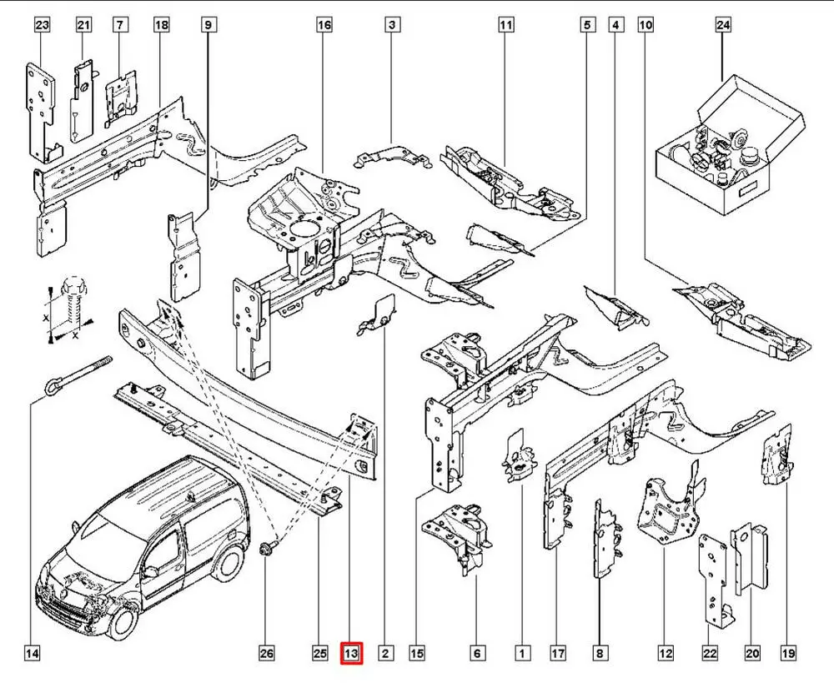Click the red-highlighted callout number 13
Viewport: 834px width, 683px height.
[x=352, y=654]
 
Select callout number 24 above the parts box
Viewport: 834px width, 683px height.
[x=723, y=26]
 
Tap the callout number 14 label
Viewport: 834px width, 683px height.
[x=32, y=654]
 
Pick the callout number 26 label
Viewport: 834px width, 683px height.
[x=265, y=654]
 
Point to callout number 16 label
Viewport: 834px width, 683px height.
[x=324, y=26]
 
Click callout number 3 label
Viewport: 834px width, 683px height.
[x=390, y=26]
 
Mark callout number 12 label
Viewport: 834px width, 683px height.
[x=666, y=654]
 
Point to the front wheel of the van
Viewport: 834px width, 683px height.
[x=124, y=621]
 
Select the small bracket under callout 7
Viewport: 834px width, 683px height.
[x=119, y=95]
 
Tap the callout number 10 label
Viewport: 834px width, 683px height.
[x=646, y=26]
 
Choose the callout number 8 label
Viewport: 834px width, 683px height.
[x=600, y=654]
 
